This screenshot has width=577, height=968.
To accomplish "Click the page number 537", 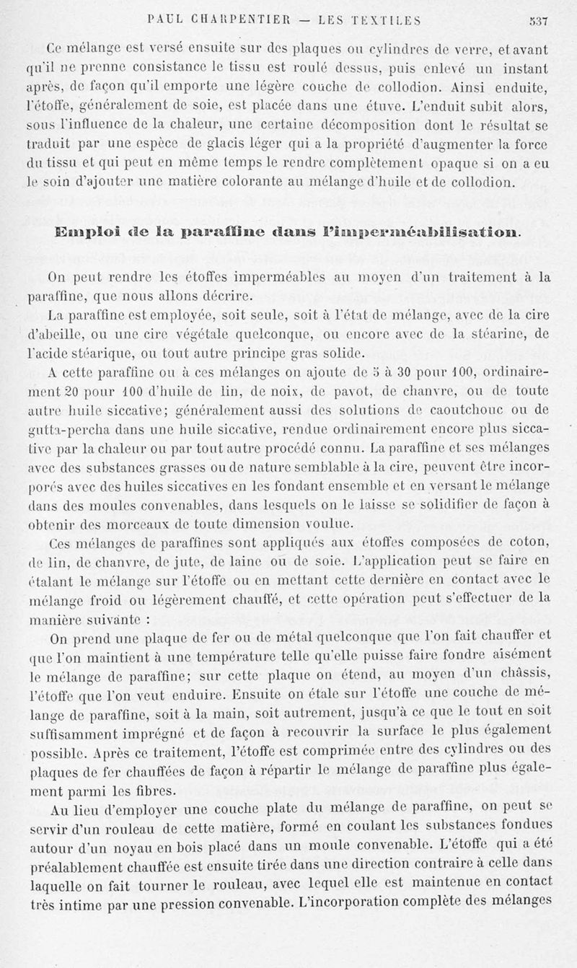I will [x=537, y=21].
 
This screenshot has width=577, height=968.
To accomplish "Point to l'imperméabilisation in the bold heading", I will [x=432, y=232].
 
